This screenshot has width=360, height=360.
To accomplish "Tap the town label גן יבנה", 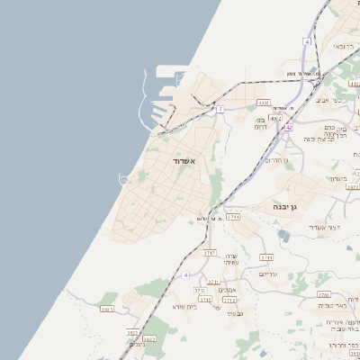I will (x=292, y=206).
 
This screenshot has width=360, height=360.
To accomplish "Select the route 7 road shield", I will (x=220, y=109).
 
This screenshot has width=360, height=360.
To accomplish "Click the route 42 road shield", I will (x=289, y=128).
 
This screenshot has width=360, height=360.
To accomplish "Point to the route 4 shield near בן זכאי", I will (x=307, y=41).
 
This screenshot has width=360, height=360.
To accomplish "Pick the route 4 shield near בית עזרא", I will (x=186, y=274).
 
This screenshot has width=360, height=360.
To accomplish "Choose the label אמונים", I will (x=227, y=290).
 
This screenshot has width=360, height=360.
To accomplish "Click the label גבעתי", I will (x=235, y=313).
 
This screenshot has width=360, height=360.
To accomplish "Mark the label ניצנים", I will (x=138, y=344).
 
